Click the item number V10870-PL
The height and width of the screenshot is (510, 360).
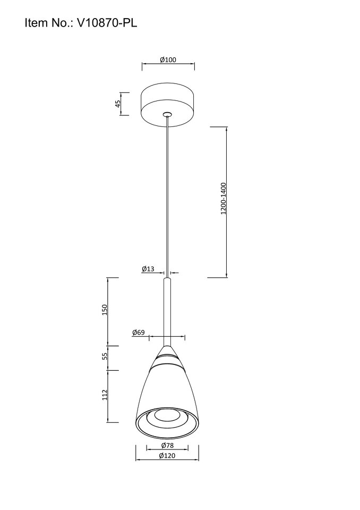[x=107, y=23]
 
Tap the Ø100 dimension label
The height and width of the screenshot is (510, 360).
[x=168, y=60]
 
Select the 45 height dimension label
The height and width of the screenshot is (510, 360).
[x=118, y=104]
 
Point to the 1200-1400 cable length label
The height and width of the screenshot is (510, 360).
[x=223, y=198]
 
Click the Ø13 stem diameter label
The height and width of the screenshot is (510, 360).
[x=148, y=269]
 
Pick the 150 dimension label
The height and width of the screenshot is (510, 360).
[x=105, y=310]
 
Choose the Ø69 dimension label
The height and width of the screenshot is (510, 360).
[x=138, y=333]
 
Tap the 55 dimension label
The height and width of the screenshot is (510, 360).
[x=105, y=356]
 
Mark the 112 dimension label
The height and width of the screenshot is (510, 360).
[x=105, y=395]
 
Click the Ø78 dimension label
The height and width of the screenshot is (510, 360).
[x=167, y=445]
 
